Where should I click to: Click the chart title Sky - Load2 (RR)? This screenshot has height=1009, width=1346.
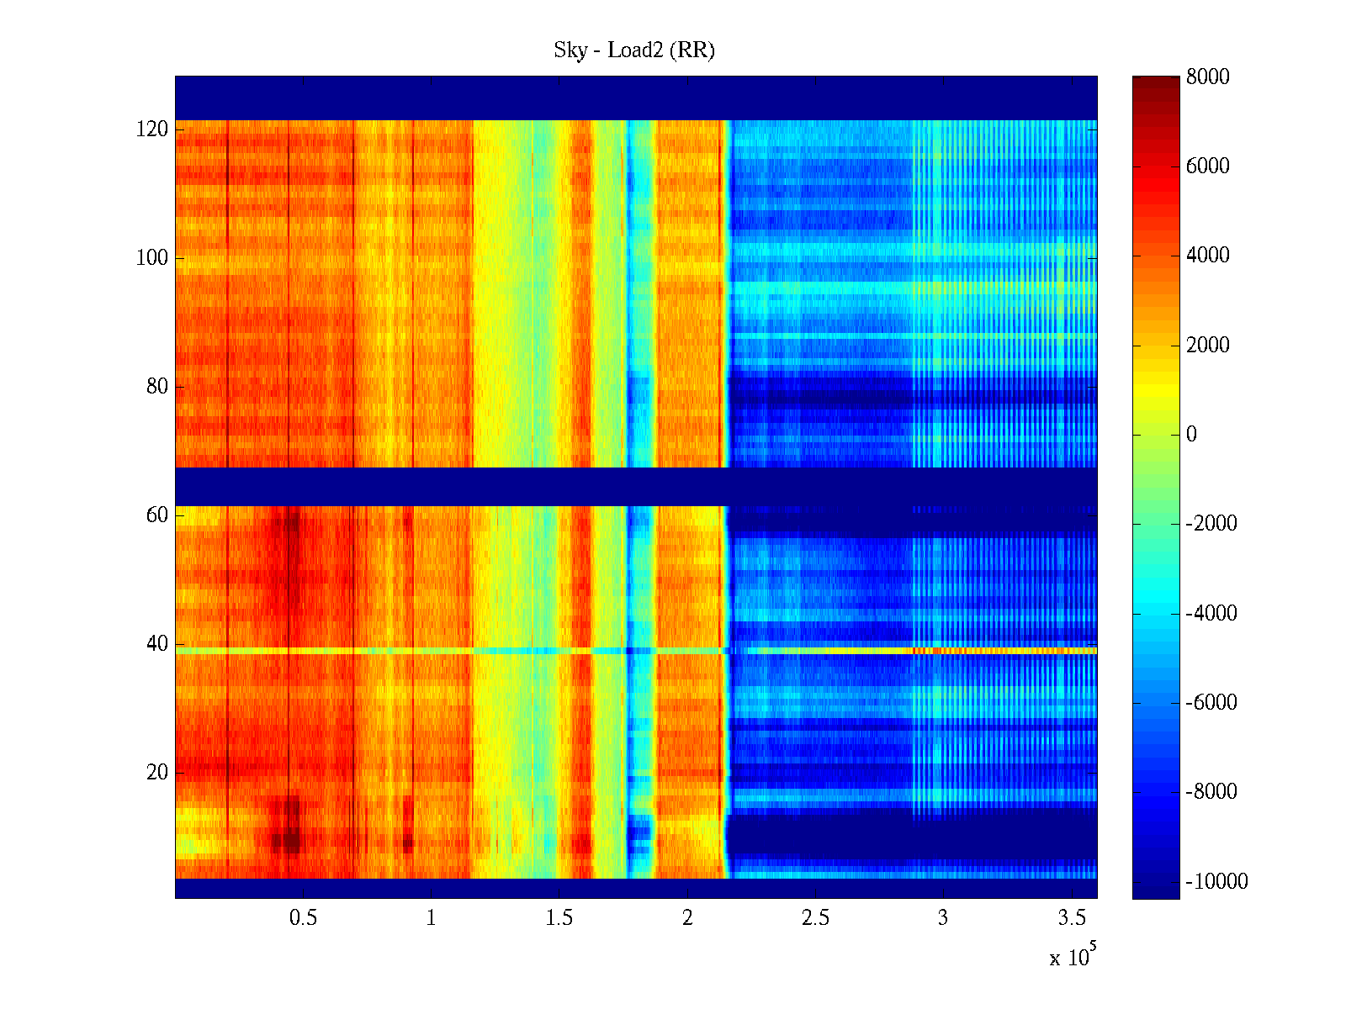pyautogui.click(x=633, y=50)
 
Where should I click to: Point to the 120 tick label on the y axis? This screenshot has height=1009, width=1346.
pyautogui.click(x=151, y=129)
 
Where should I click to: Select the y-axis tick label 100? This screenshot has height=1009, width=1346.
pyautogui.click(x=151, y=258)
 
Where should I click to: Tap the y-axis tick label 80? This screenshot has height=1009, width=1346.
pyautogui.click(x=156, y=387)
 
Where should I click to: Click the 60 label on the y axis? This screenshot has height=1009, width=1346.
pyautogui.click(x=156, y=515)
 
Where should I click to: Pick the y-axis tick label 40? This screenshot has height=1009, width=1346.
pyautogui.click(x=156, y=644)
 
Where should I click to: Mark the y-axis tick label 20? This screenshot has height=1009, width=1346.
pyautogui.click(x=156, y=773)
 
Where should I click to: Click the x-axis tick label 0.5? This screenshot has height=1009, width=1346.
pyautogui.click(x=303, y=918)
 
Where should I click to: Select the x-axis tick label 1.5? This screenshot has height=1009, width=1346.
pyautogui.click(x=559, y=918)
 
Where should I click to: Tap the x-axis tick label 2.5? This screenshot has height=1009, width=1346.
pyautogui.click(x=815, y=918)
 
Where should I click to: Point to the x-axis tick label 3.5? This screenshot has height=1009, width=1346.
pyautogui.click(x=1072, y=918)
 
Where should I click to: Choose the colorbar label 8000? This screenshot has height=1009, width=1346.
pyautogui.click(x=1207, y=77)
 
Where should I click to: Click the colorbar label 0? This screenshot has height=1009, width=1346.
pyautogui.click(x=1191, y=435)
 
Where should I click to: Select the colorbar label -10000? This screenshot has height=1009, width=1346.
pyautogui.click(x=1216, y=882)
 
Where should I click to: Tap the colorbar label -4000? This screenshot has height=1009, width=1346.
pyautogui.click(x=1211, y=614)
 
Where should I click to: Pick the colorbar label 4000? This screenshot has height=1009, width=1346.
pyautogui.click(x=1207, y=256)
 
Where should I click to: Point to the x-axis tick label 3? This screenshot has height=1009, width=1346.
pyautogui.click(x=943, y=918)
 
